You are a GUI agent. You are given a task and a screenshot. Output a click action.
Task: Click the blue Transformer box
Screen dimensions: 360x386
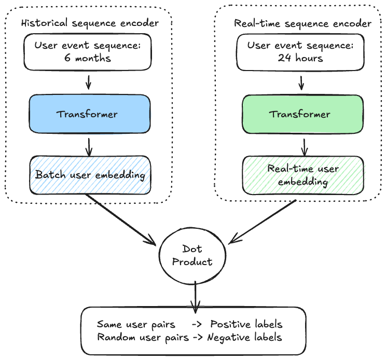pyautogui.click(x=88, y=114)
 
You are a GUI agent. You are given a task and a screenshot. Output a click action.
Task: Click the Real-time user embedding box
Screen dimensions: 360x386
pyautogui.click(x=304, y=175)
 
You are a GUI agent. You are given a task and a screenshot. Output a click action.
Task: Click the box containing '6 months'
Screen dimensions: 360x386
pyautogui.click(x=88, y=51)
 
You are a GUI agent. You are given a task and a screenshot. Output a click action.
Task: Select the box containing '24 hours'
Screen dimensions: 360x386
pyautogui.click(x=300, y=51)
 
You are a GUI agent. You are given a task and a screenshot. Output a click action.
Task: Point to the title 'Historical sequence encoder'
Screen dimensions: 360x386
pyautogui.click(x=89, y=23)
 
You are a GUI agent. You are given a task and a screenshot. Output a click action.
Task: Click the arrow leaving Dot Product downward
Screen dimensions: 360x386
pyautogui.click(x=195, y=298)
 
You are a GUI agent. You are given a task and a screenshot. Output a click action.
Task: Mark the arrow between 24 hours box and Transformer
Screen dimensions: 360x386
pyautogui.click(x=301, y=82)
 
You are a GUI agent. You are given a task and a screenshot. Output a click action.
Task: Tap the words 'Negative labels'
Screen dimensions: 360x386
pyautogui.click(x=244, y=337)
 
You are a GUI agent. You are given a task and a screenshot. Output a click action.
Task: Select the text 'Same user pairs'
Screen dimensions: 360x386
pyautogui.click(x=136, y=324)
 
